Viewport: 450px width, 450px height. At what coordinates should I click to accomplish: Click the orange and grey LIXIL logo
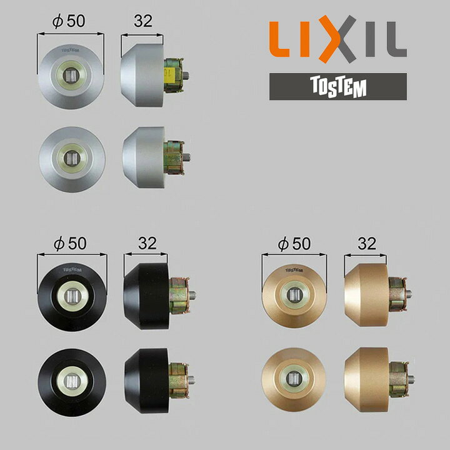pos(337,39)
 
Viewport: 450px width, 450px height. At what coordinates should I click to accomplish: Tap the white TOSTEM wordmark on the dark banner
pos(338,87)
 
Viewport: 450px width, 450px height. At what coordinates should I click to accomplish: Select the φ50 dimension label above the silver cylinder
pos(69,21)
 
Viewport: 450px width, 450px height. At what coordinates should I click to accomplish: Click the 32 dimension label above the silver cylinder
pos(143,21)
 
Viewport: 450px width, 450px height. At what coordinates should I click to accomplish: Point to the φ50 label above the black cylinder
pos(70,243)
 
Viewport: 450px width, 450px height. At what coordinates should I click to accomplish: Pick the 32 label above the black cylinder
pos(147,243)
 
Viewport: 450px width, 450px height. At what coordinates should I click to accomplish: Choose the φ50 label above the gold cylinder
pos(294,243)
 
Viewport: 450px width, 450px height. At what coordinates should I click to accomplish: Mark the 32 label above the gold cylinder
pos(367,243)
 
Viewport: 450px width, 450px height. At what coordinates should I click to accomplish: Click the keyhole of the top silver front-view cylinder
pos(71,76)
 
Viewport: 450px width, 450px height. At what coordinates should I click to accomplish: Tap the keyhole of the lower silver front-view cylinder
pos(71,158)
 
